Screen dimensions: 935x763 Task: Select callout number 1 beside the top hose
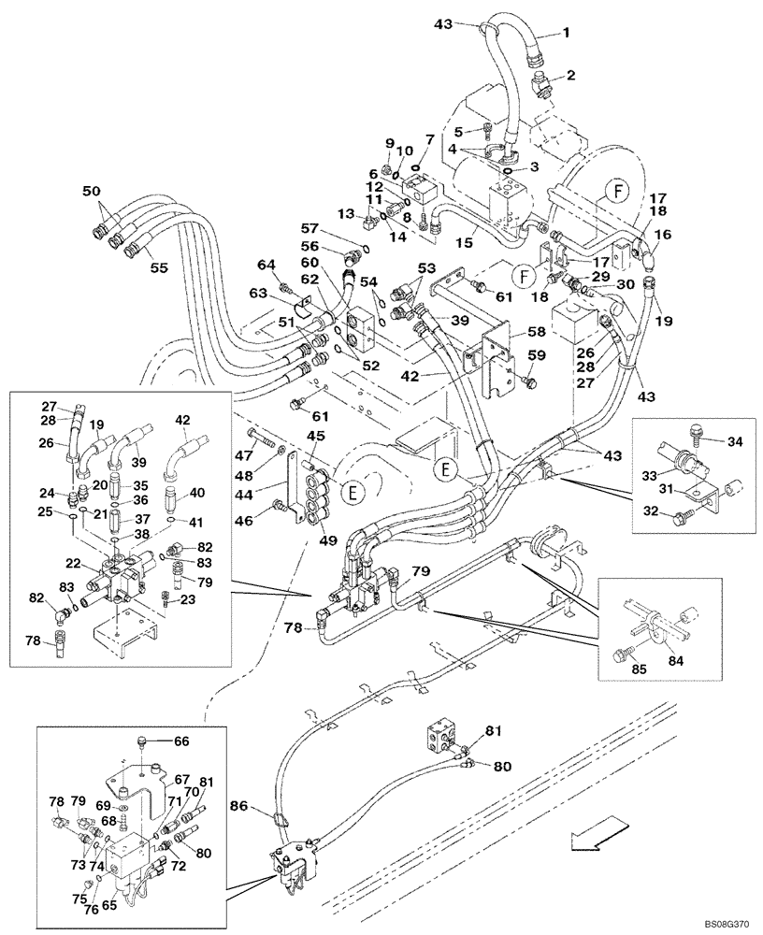point(565,33)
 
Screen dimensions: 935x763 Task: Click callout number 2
point(569,75)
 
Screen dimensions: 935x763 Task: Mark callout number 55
point(158,267)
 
